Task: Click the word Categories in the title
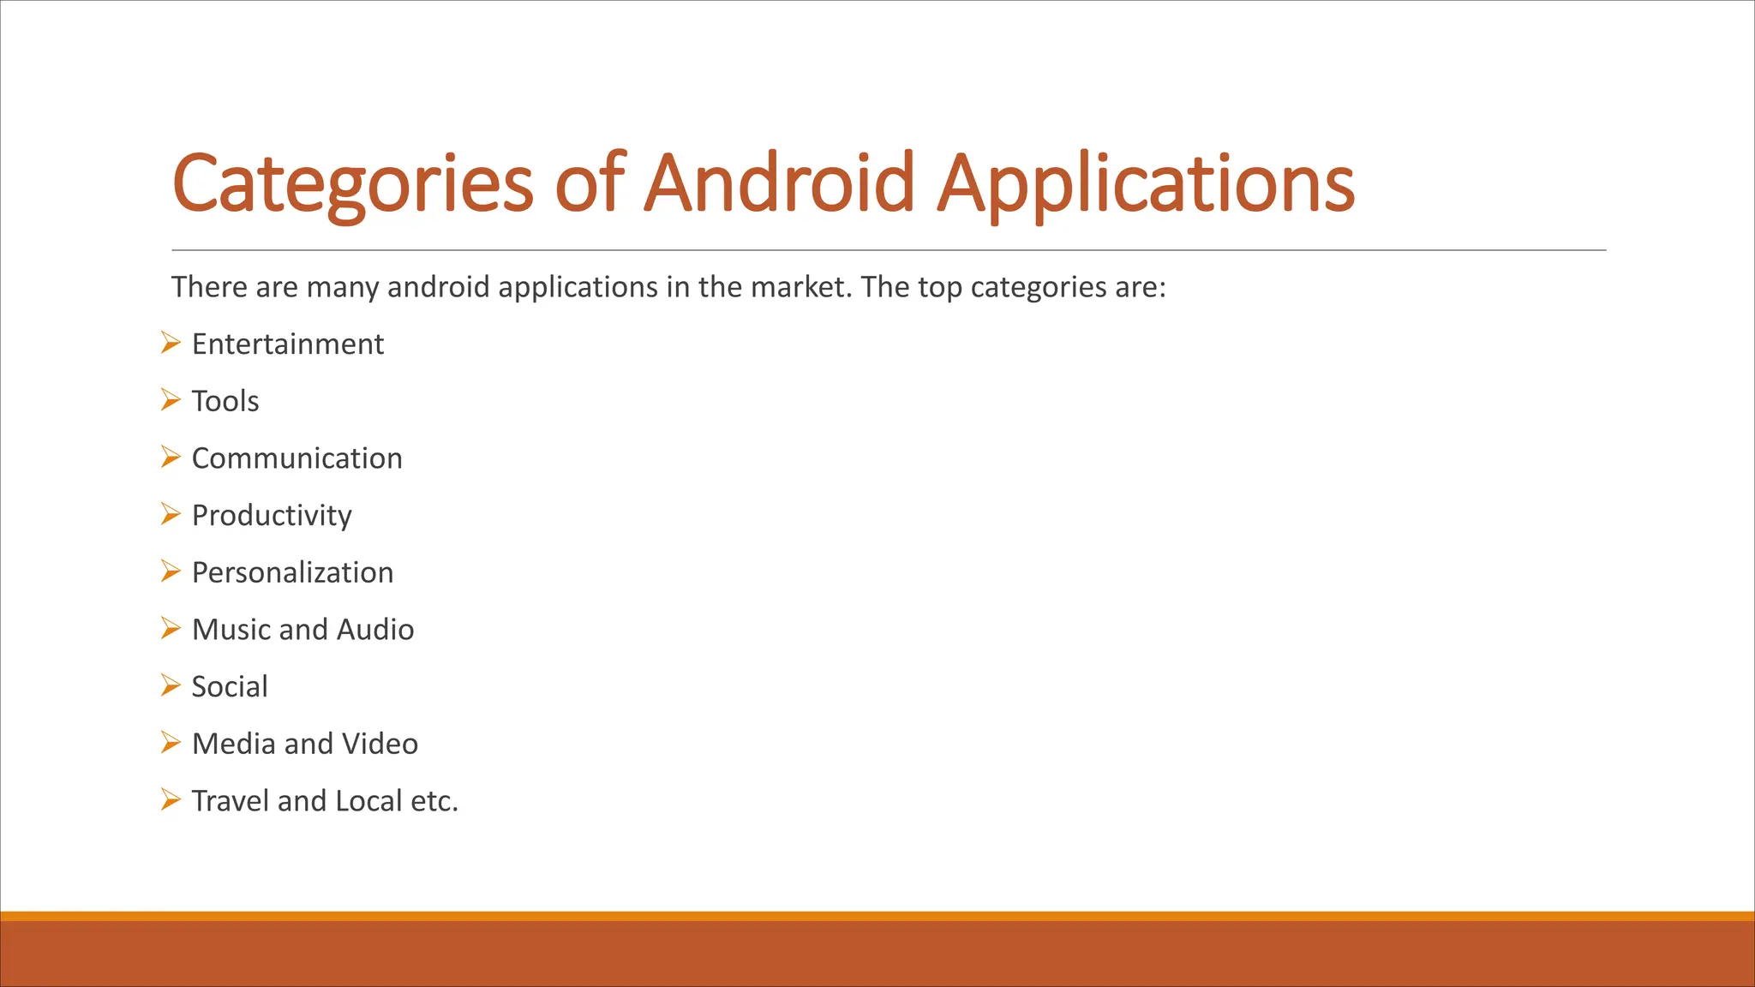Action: tap(353, 183)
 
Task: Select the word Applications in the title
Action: tap(1146, 183)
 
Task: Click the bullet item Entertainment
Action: tap(287, 344)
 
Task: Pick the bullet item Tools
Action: tap(225, 401)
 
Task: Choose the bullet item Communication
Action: tap(296, 458)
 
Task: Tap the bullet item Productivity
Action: tap(272, 516)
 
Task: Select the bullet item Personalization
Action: tap(292, 572)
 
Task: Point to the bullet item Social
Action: tap(229, 687)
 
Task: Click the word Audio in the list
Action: tap(375, 630)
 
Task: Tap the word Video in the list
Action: tap(380, 744)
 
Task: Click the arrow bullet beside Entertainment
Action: tap(171, 344)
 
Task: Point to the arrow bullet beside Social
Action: tap(171, 686)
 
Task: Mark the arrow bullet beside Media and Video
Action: tap(171, 743)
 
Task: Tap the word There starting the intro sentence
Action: tap(209, 287)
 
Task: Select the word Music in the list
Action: tap(231, 630)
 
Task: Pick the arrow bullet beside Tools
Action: tap(171, 400)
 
